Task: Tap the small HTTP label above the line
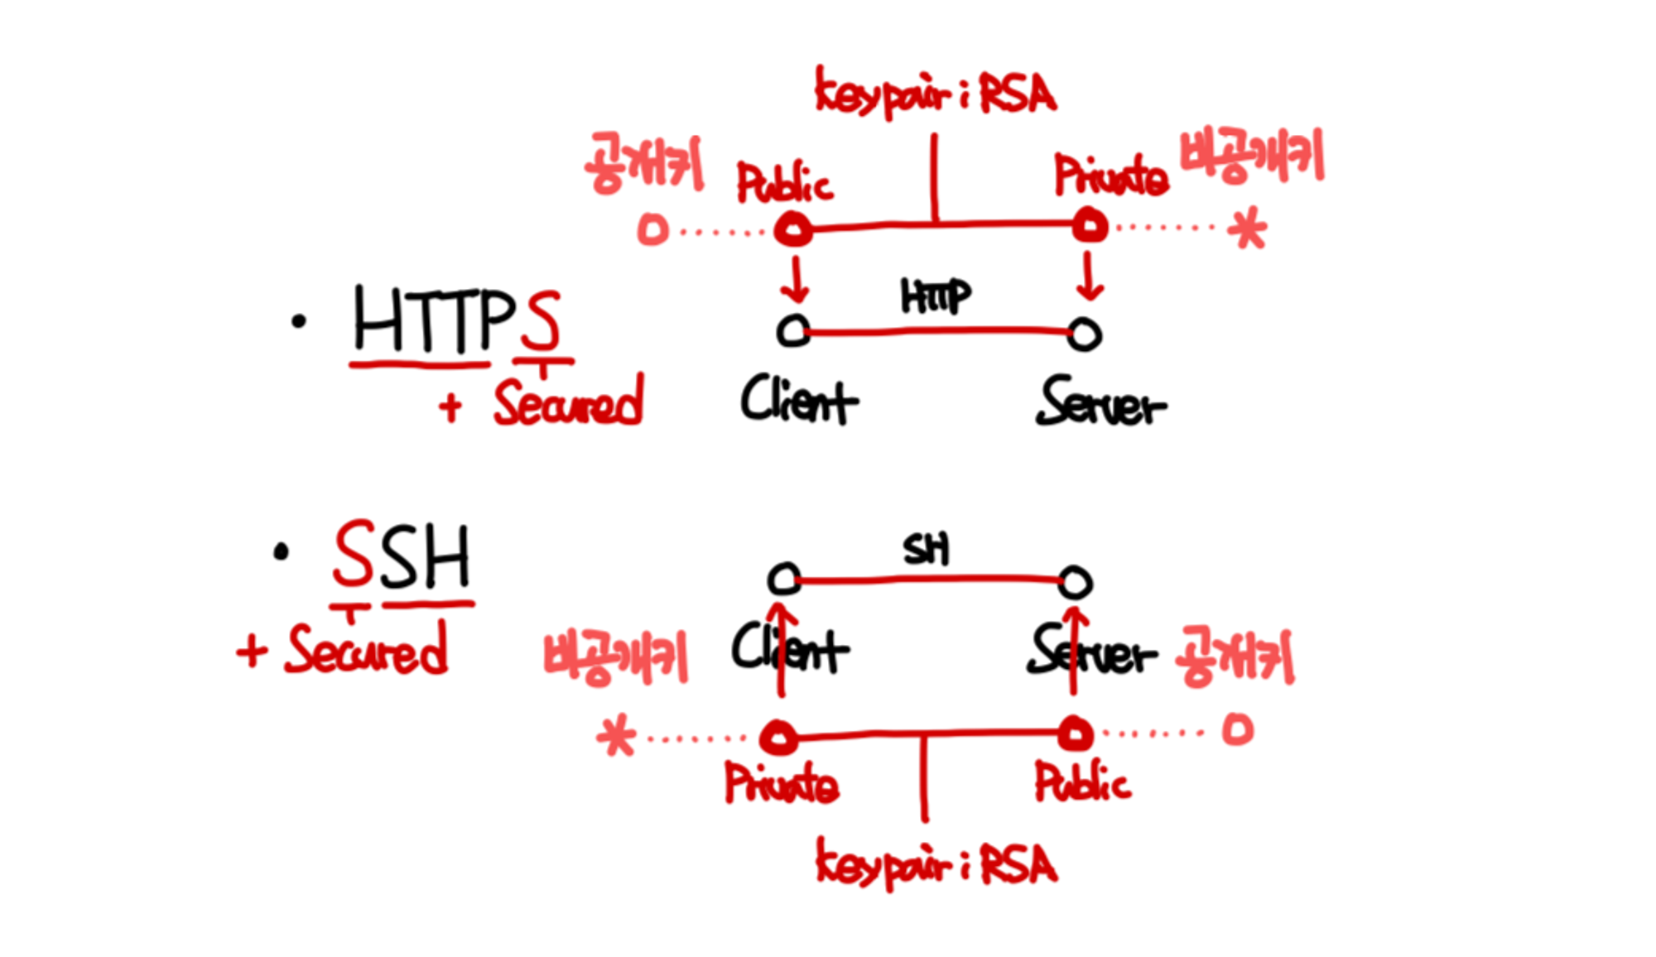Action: (935, 296)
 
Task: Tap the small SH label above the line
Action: (926, 550)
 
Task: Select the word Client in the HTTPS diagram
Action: (798, 401)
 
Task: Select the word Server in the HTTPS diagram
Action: (1100, 403)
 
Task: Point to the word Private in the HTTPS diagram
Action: (1110, 176)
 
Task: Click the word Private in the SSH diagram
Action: (781, 783)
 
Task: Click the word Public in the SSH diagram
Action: (1081, 781)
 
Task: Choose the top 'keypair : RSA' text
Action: (936, 94)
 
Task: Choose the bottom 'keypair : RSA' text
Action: (936, 864)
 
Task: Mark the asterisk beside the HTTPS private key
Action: (1248, 229)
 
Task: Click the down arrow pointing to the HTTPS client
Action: (796, 280)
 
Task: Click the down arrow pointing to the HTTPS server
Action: (1090, 277)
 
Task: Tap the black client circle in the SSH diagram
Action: (783, 579)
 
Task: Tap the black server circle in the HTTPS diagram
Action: (1084, 334)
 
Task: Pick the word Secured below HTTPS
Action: (568, 402)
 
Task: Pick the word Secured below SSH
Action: (366, 650)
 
